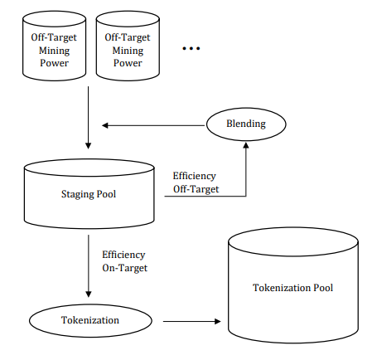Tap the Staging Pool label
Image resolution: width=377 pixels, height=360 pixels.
click(89, 194)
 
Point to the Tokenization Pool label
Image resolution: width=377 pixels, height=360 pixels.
click(292, 288)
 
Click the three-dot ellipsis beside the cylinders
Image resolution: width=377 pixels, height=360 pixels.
click(191, 48)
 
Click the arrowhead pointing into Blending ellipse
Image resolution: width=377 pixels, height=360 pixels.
click(246, 145)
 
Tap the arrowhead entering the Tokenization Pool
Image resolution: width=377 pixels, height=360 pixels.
click(218, 321)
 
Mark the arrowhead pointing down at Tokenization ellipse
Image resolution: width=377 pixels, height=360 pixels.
click(89, 294)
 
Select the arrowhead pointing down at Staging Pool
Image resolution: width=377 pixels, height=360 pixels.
click(88, 146)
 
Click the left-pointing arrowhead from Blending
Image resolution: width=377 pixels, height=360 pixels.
click(105, 125)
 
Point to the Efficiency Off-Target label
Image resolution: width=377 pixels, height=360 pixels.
click(196, 182)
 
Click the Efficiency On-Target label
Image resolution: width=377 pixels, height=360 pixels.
click(125, 261)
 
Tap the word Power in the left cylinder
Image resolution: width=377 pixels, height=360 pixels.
click(54, 63)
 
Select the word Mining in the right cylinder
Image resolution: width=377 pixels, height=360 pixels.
click(128, 51)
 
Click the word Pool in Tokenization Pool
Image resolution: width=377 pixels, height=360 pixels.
click(323, 288)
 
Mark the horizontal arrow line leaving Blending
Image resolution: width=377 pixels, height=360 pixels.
click(153, 125)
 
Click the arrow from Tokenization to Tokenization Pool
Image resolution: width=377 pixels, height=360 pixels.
click(192, 321)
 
